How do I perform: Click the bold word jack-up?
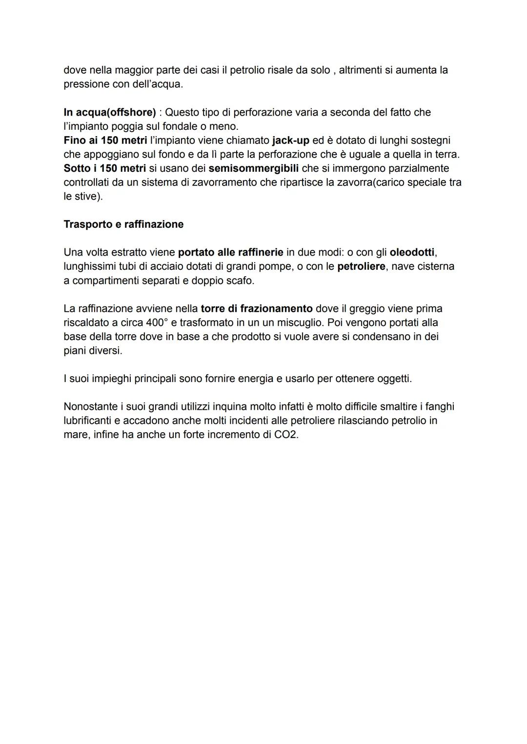click(290, 141)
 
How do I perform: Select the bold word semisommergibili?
click(253, 168)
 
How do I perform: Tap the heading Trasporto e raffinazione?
click(123, 224)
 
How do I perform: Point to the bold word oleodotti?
click(412, 253)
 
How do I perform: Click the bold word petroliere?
click(361, 266)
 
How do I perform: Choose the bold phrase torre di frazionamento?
click(257, 309)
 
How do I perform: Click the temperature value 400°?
click(157, 323)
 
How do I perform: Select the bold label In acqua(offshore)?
click(110, 113)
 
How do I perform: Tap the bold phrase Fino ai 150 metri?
click(105, 141)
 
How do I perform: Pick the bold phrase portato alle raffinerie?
click(230, 253)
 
